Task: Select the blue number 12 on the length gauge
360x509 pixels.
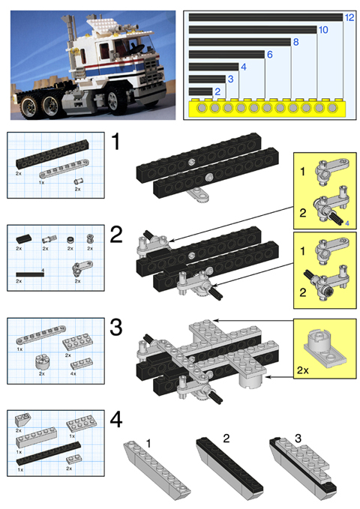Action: [349, 16]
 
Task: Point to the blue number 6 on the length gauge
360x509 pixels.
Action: [269, 54]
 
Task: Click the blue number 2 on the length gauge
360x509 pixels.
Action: [217, 91]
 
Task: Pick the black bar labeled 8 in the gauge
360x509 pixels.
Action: [240, 42]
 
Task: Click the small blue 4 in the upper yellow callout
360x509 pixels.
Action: [347, 223]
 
